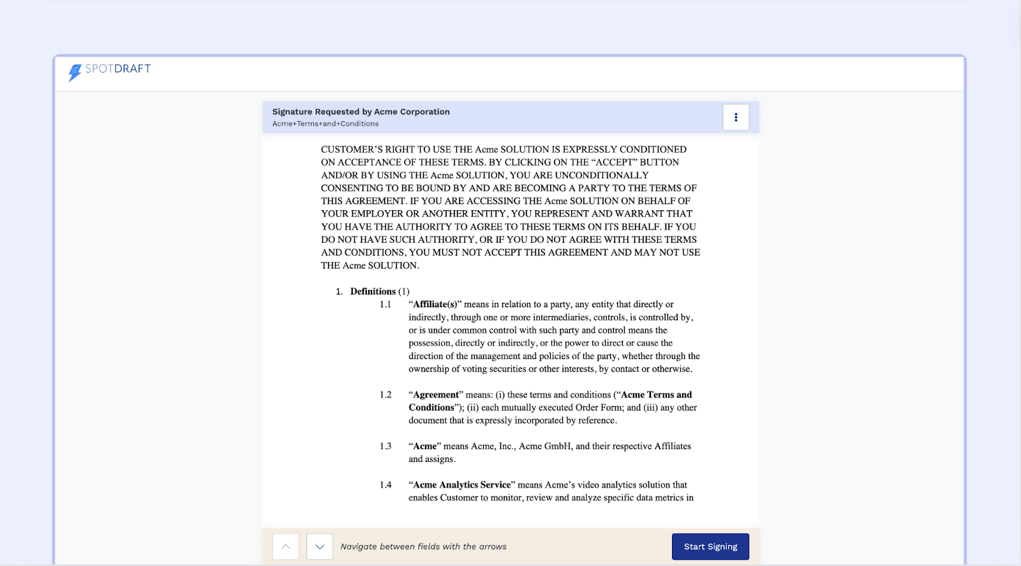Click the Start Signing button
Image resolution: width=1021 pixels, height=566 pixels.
tap(710, 547)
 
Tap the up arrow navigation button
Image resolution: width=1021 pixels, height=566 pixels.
tap(286, 547)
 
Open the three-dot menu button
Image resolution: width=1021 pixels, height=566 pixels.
tap(736, 118)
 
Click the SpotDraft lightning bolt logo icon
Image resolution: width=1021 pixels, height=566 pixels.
tap(75, 72)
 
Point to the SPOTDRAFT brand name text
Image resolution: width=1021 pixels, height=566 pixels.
tap(118, 69)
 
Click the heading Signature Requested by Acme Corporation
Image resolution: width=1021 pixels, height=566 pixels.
tap(361, 112)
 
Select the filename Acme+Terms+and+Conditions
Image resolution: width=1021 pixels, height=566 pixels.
tap(325, 124)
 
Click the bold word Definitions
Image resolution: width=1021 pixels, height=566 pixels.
tap(373, 291)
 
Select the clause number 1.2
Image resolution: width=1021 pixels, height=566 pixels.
tap(385, 395)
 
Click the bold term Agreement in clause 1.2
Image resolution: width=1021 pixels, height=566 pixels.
tap(436, 395)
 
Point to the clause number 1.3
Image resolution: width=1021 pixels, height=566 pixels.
tap(385, 446)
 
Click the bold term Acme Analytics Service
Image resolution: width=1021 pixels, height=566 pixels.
tap(462, 485)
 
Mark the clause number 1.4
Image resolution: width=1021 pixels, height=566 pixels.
tap(385, 485)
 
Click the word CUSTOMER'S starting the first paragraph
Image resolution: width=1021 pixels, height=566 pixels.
tap(352, 149)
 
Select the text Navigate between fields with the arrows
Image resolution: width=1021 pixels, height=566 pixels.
tap(424, 547)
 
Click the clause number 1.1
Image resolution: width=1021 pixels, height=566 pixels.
tap(385, 305)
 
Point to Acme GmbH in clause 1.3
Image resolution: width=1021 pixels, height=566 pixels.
tap(545, 446)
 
